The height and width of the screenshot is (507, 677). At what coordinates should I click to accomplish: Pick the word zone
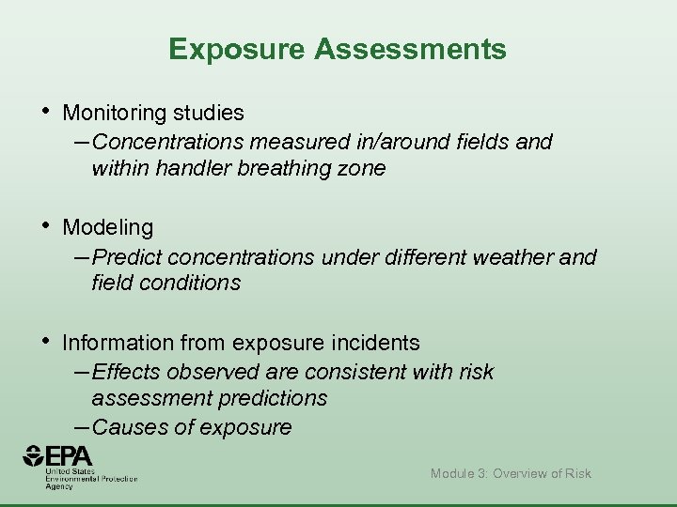point(362,169)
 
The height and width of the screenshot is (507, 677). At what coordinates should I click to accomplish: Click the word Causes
point(127,427)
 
